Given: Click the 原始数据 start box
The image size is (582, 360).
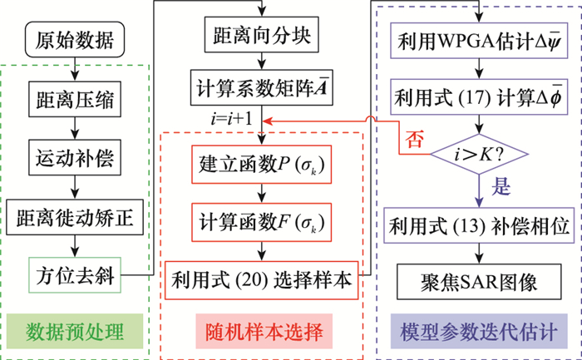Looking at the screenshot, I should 76,39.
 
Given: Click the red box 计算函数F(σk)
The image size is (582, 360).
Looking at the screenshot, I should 263,223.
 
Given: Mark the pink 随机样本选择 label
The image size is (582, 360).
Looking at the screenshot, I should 263,331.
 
